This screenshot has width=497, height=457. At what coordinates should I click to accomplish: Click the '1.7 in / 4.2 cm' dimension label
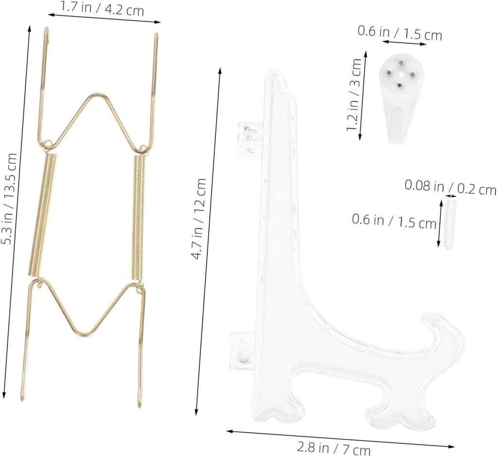[102, 8]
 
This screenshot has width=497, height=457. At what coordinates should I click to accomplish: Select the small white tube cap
[449, 224]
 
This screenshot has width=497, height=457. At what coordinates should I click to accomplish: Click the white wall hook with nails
[401, 97]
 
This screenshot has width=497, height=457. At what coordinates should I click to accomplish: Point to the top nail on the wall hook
[402, 62]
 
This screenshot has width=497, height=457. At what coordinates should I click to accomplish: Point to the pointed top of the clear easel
[275, 75]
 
